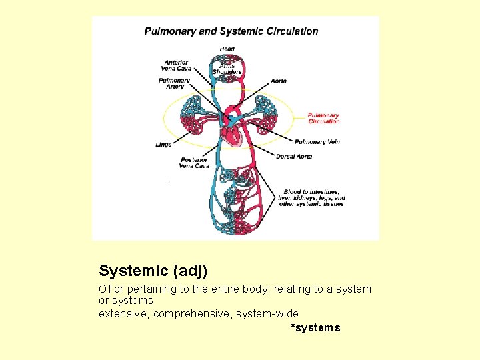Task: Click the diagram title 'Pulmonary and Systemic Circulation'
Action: click(x=231, y=31)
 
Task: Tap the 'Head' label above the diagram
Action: click(x=227, y=48)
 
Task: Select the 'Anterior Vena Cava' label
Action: click(x=175, y=65)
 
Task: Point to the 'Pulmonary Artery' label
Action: click(x=174, y=84)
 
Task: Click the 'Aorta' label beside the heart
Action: click(x=279, y=81)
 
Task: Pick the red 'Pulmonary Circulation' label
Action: click(x=323, y=119)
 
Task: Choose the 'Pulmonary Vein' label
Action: click(x=317, y=142)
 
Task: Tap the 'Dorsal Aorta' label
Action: click(x=293, y=157)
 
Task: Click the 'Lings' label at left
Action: click(x=163, y=144)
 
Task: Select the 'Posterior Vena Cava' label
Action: click(x=194, y=163)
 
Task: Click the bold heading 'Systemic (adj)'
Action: click(x=153, y=271)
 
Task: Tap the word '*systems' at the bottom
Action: click(x=315, y=327)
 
